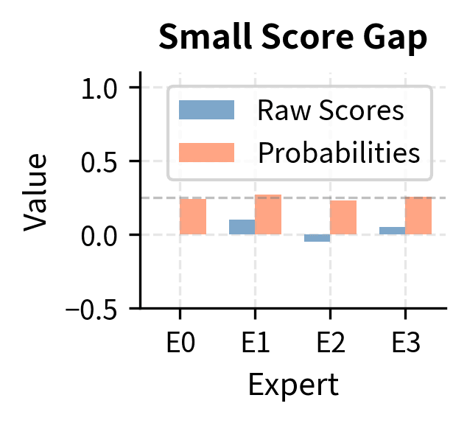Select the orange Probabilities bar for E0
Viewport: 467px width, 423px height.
pyautogui.click(x=193, y=217)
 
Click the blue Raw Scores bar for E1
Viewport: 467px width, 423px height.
pyautogui.click(x=242, y=227)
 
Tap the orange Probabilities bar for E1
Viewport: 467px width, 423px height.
pyautogui.click(x=268, y=214)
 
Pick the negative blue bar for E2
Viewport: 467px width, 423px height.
pyautogui.click(x=317, y=238)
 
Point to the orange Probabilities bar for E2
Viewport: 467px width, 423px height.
pyautogui.click(x=343, y=217)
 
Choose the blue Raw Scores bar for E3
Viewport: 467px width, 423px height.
pyautogui.click(x=392, y=231)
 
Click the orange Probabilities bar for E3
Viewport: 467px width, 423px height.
pyautogui.click(x=418, y=216)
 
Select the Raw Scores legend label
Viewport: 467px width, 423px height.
pyautogui.click(x=330, y=111)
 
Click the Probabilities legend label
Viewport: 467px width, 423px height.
pyautogui.click(x=339, y=153)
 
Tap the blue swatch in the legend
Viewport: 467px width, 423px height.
pyautogui.click(x=206, y=111)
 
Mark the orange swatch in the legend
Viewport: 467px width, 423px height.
pyautogui.click(x=206, y=153)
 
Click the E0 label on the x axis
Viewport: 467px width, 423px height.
pyautogui.click(x=180, y=343)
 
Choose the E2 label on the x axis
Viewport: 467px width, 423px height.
pyautogui.click(x=330, y=343)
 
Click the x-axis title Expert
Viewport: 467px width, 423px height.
pyautogui.click(x=293, y=385)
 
